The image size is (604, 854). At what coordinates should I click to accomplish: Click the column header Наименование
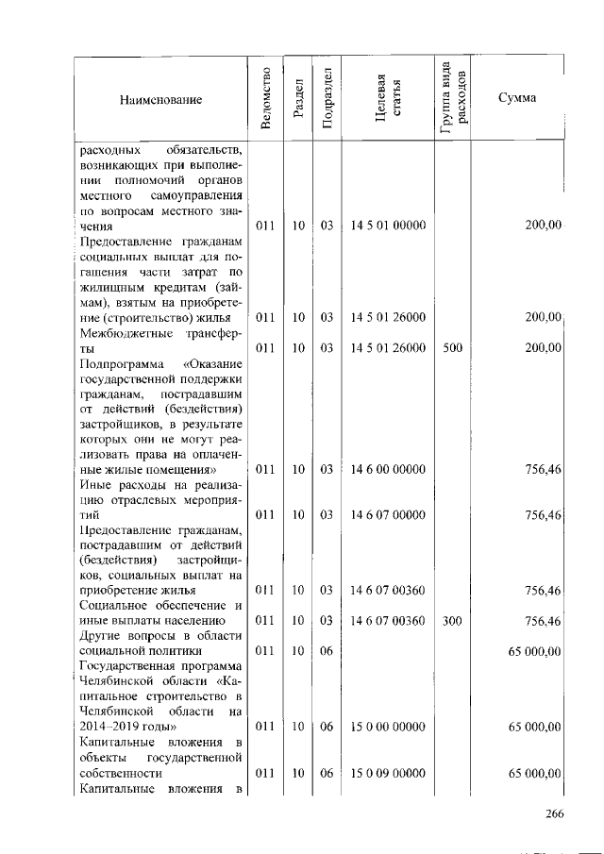tap(160, 100)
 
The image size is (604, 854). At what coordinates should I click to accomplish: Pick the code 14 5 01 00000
tap(387, 226)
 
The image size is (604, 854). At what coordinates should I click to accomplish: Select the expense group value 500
tap(452, 347)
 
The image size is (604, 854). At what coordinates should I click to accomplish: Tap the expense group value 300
tap(452, 621)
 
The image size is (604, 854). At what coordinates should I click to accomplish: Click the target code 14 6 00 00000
tap(387, 469)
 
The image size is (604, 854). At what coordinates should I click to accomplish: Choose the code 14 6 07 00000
tap(387, 515)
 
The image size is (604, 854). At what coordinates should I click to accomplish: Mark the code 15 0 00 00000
tap(387, 727)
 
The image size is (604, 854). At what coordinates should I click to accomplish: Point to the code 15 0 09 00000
tap(387, 773)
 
